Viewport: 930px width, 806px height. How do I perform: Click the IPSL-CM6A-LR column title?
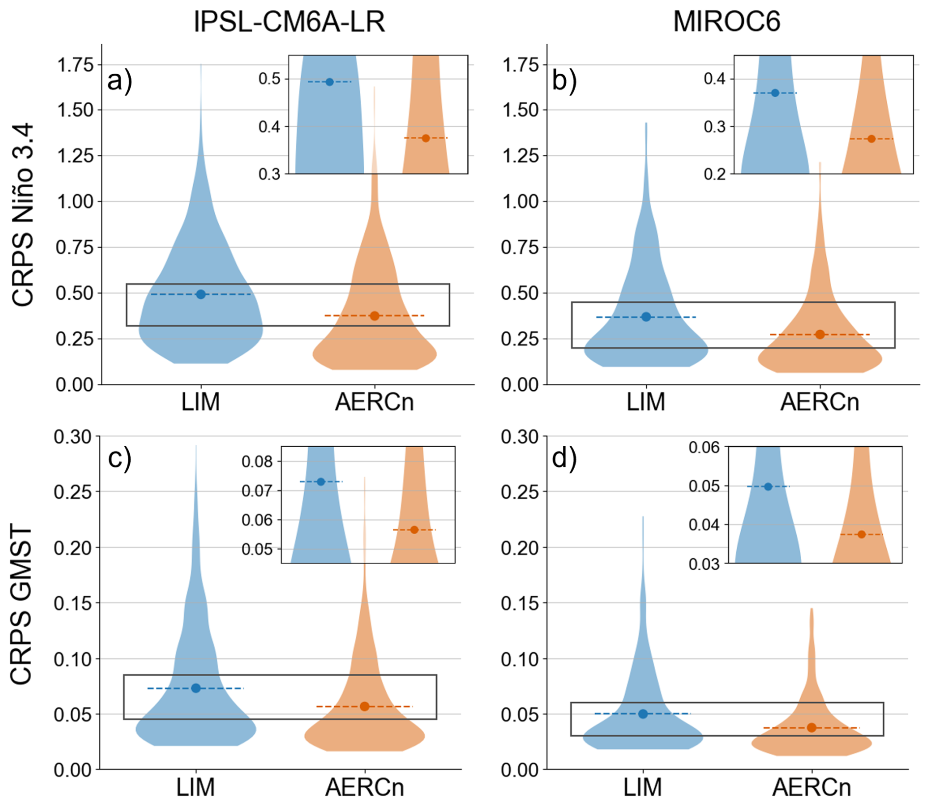tap(289, 22)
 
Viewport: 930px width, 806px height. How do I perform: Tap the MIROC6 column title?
tap(727, 22)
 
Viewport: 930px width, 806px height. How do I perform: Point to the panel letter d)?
tap(564, 459)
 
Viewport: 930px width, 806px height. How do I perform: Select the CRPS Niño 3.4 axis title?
tap(23, 215)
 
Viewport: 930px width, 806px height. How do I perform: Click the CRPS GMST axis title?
tap(22, 605)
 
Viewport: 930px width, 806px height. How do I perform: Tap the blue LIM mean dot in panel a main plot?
tap(201, 294)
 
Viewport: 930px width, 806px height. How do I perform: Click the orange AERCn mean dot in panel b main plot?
tap(820, 335)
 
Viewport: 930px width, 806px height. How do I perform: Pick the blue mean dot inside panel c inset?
tap(321, 482)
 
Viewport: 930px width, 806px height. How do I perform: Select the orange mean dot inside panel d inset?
tap(861, 534)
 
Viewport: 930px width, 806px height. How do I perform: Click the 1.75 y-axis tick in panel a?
tap(75, 65)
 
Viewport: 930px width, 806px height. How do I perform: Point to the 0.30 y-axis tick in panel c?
tap(73, 436)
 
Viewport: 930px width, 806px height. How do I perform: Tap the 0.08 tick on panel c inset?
tap(257, 461)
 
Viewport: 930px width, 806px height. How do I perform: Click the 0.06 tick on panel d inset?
tap(704, 447)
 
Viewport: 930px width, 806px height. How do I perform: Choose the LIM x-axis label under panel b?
tap(646, 402)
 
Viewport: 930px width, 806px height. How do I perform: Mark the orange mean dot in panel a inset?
tap(426, 138)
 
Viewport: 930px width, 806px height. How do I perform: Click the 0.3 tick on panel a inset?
tap(269, 174)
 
